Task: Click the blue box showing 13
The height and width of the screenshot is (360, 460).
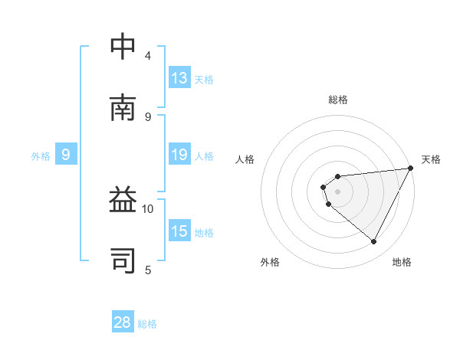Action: click(x=179, y=78)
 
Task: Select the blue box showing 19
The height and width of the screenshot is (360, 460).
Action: click(x=179, y=155)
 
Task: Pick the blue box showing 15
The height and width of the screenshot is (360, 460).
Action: click(x=179, y=231)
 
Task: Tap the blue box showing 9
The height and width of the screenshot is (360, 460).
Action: click(x=66, y=155)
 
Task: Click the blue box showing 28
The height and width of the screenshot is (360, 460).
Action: click(x=123, y=322)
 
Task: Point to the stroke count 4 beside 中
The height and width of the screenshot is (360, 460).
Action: click(x=148, y=56)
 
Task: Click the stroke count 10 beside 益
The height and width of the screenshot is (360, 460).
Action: click(x=148, y=208)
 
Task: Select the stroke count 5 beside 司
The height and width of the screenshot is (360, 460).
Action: click(x=148, y=270)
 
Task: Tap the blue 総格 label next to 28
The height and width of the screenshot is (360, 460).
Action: click(x=147, y=323)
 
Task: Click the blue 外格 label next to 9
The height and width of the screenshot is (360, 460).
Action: click(x=41, y=155)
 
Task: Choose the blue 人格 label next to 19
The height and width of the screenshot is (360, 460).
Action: click(x=204, y=155)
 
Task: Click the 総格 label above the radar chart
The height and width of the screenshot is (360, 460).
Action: click(x=337, y=100)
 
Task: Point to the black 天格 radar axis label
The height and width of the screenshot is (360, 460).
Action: click(x=432, y=159)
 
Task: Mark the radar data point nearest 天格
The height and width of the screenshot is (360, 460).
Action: click(x=410, y=169)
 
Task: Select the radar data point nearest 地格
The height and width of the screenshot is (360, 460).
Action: click(x=373, y=242)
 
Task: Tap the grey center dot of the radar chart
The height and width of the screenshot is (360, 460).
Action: click(x=337, y=191)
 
